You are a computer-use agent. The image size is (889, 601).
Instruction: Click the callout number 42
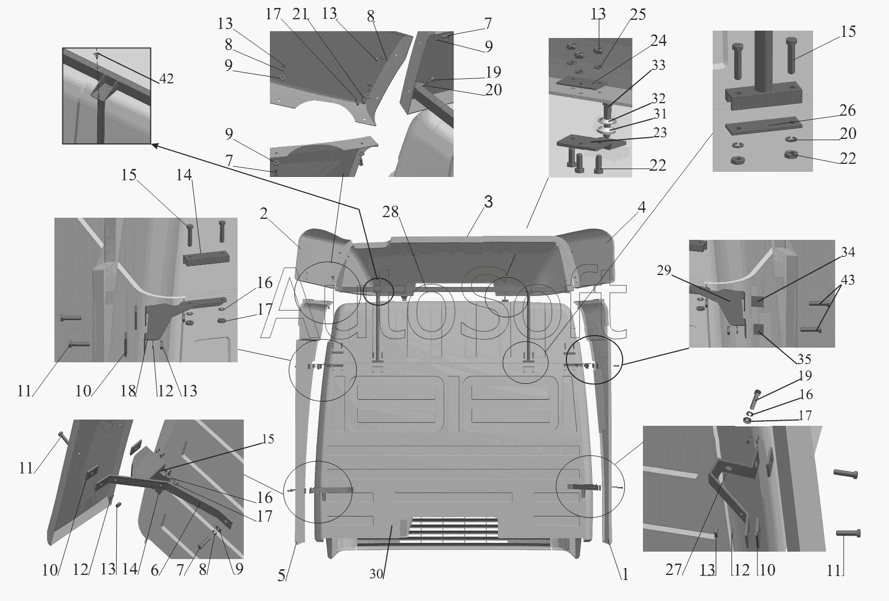(x=166, y=79)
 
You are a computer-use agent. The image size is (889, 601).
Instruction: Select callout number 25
(x=638, y=14)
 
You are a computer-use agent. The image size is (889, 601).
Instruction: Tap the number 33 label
(x=658, y=65)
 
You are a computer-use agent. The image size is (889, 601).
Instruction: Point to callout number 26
(x=847, y=110)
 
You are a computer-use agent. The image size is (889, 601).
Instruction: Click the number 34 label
(x=848, y=252)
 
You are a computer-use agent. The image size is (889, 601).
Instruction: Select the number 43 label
(x=848, y=280)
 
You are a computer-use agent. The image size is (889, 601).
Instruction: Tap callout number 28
(x=391, y=212)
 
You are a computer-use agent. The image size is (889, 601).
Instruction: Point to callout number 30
(x=376, y=573)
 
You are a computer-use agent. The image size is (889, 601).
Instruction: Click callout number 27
(x=673, y=569)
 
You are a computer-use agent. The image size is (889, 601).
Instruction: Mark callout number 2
(x=263, y=213)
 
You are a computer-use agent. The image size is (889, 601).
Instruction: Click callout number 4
(x=641, y=208)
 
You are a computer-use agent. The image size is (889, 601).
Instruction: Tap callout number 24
(x=658, y=40)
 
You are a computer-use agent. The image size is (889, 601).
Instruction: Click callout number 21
(x=300, y=14)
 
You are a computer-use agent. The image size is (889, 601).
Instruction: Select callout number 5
(x=281, y=574)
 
